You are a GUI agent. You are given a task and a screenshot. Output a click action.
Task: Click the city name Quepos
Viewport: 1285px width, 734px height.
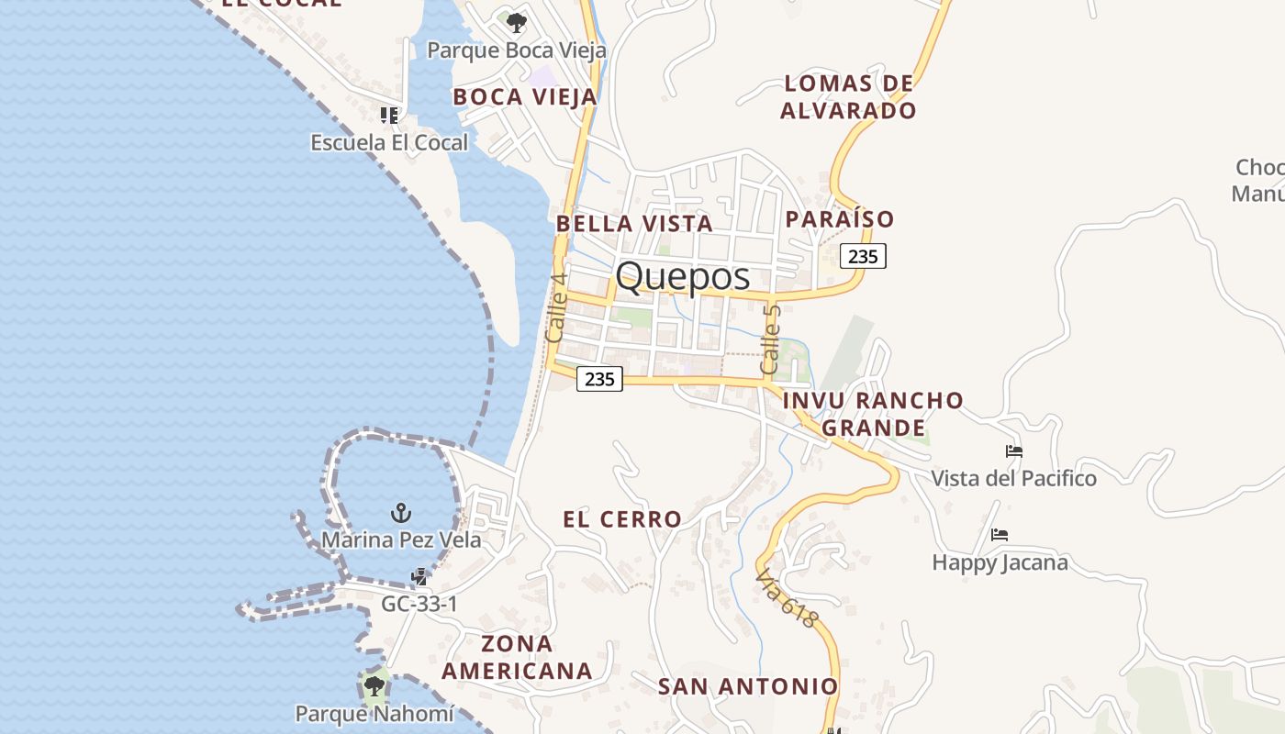(682, 276)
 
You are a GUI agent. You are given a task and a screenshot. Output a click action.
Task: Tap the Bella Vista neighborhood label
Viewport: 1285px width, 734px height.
(634, 223)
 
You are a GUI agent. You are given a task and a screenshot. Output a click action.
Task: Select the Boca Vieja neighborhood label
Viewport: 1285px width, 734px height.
(525, 96)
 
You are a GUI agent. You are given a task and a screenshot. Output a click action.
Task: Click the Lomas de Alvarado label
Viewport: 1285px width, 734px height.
(848, 97)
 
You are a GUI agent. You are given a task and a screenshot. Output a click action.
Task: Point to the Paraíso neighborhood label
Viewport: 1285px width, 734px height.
(839, 219)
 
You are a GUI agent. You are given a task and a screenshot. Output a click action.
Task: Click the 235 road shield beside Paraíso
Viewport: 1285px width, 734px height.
(863, 257)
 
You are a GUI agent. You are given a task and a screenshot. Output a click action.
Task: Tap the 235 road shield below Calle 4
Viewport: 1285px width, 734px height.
(599, 378)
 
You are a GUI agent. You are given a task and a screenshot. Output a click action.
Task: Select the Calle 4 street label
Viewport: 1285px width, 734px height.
(556, 307)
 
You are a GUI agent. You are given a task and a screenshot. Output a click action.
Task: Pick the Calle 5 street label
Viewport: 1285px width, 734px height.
(771, 339)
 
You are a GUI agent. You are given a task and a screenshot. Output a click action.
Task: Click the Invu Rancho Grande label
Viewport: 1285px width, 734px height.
(873, 414)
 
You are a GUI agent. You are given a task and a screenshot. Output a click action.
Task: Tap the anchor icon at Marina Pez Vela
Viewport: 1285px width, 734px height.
(400, 512)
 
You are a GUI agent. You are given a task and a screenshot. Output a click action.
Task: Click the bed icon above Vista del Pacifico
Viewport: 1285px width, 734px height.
(1014, 451)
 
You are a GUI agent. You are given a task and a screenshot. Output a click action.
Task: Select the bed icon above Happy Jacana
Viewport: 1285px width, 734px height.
(1000, 534)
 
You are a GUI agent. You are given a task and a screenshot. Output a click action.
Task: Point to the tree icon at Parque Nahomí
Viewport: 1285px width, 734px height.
(374, 685)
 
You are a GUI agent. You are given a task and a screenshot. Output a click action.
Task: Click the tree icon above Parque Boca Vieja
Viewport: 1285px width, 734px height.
(517, 22)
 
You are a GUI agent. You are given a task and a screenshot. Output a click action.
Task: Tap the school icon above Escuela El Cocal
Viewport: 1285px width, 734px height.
(389, 116)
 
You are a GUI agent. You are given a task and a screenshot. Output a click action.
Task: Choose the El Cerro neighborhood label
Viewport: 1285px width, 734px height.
(622, 519)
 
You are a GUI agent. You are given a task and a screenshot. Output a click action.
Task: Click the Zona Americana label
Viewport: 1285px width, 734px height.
(517, 657)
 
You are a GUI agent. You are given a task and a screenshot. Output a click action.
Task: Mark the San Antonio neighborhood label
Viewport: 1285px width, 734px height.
(748, 686)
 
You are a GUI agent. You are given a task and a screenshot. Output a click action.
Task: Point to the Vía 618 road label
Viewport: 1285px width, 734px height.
(786, 599)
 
